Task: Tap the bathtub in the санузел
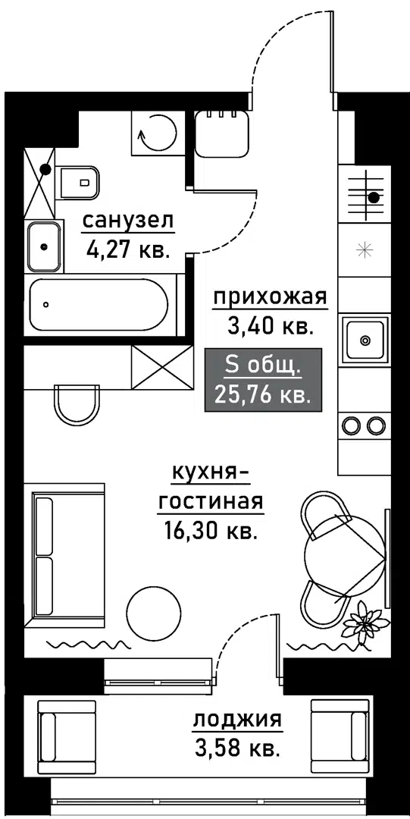pyautogui.click(x=99, y=305)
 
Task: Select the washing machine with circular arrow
pyautogui.click(x=157, y=133)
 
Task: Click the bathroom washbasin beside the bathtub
pyautogui.click(x=45, y=246)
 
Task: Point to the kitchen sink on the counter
pyautogui.click(x=365, y=340)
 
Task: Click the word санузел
pyautogui.click(x=127, y=222)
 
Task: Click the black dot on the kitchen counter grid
pyautogui.click(x=374, y=197)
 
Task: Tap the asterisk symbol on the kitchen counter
pyautogui.click(x=363, y=250)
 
